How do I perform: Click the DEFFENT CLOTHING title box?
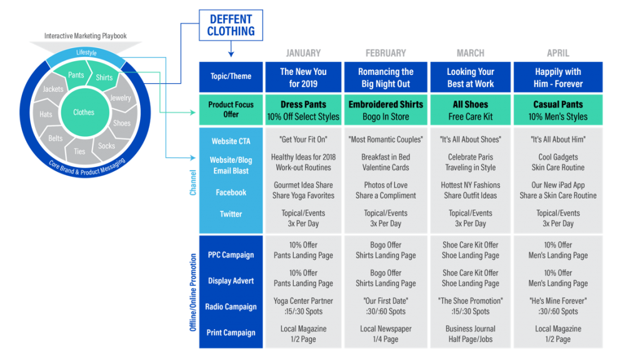pyautogui.click(x=231, y=25)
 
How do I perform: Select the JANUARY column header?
pyautogui.click(x=303, y=53)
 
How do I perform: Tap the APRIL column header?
pyautogui.click(x=557, y=53)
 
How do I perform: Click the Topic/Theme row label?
pyautogui.click(x=231, y=76)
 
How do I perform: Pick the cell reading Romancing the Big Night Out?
pyautogui.click(x=386, y=77)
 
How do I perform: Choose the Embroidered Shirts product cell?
pyautogui.click(x=386, y=110)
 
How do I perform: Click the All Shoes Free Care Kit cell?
pyautogui.click(x=470, y=110)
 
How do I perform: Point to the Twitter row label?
pyautogui.click(x=231, y=214)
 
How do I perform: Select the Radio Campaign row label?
pyautogui.click(x=231, y=307)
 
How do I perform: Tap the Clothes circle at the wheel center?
pyautogui.click(x=83, y=112)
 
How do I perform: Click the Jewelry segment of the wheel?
pyautogui.click(x=121, y=98)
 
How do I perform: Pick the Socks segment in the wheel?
pyautogui.click(x=107, y=146)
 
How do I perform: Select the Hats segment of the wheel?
pyautogui.click(x=46, y=114)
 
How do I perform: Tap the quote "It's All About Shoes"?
pyautogui.click(x=470, y=139)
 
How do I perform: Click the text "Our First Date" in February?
pyautogui.click(x=386, y=301)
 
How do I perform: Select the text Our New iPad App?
pyautogui.click(x=557, y=185)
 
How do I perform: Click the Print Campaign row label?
pyautogui.click(x=231, y=332)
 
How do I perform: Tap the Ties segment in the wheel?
pyautogui.click(x=79, y=151)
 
